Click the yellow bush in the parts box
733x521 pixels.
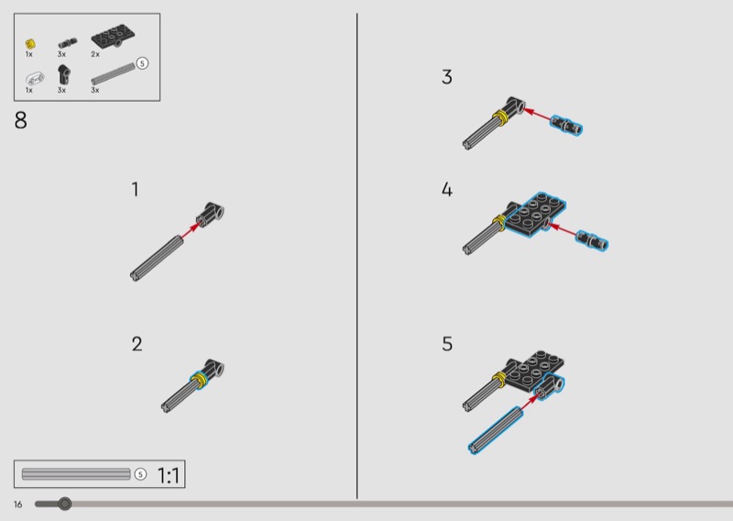[x=30, y=44]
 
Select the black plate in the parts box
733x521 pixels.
[x=114, y=36]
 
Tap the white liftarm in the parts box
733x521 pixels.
[x=35, y=78]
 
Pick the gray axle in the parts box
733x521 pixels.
[x=113, y=73]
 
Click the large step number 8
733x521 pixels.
[x=20, y=120]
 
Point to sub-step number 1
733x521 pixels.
[x=135, y=190]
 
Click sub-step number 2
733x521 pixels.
[x=137, y=344]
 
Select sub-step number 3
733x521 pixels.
[x=447, y=77]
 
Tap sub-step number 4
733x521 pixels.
[x=447, y=190]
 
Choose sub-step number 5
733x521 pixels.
[x=447, y=344]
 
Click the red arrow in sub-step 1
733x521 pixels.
[x=191, y=230]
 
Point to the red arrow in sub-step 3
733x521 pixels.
[x=537, y=115]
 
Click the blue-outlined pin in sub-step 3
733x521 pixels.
[x=566, y=126]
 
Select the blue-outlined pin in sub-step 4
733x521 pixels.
[x=592, y=241]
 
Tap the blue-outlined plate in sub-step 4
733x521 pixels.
[x=535, y=215]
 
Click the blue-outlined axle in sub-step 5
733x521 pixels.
[x=496, y=429]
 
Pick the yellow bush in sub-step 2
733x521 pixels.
[x=199, y=379]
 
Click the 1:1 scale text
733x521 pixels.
[x=169, y=475]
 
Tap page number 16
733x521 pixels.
[x=17, y=504]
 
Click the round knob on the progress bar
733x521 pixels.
[x=65, y=504]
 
